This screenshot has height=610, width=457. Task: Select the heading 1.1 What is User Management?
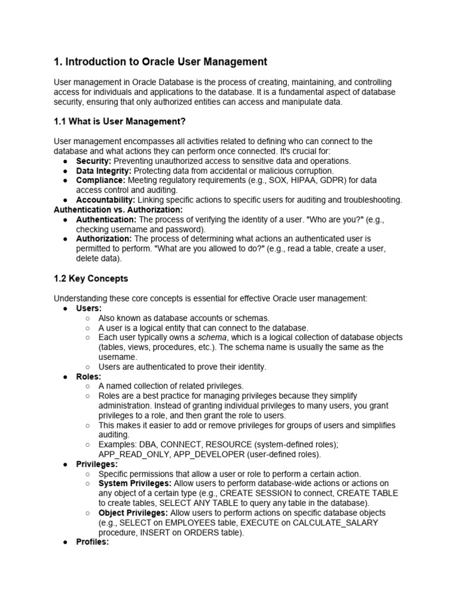[120, 122]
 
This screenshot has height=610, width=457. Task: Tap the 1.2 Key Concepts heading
[90, 278]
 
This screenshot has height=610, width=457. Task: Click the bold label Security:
[93, 161]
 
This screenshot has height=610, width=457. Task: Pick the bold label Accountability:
[105, 200]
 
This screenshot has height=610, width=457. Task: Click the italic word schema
[210, 337]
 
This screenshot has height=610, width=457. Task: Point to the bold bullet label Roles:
[89, 376]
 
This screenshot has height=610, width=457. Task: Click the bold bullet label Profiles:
[92, 542]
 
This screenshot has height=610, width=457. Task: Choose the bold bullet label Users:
[89, 308]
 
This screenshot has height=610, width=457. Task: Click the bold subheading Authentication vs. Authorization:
[118, 210]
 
